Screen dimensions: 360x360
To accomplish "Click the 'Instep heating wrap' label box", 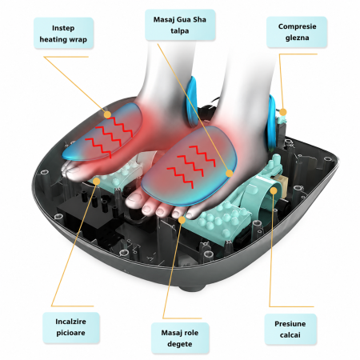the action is (64, 34).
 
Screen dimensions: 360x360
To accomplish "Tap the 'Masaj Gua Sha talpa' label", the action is (180, 25).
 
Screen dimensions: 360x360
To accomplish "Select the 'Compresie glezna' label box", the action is (297, 32).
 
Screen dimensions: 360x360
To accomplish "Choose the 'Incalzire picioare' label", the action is (71, 327).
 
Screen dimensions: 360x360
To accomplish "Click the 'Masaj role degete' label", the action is (180, 338).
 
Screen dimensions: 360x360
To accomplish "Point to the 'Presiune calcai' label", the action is (290, 329).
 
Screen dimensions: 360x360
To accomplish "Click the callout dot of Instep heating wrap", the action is (107, 114).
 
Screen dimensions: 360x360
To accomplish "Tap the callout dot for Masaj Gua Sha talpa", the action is (229, 174).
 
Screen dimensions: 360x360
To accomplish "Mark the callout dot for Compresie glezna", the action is (283, 112).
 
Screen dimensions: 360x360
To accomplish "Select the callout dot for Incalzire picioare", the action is (97, 182).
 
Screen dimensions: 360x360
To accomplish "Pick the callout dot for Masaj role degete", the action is (182, 220).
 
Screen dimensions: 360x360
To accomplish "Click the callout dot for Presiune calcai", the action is (274, 190).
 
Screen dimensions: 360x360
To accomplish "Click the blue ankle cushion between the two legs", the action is (192, 102).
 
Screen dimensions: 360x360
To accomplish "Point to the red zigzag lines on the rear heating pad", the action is (109, 136).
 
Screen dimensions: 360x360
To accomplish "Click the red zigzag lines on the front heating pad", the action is (191, 166).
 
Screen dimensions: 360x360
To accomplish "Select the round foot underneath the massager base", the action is (192, 287).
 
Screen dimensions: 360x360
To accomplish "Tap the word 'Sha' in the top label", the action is (199, 19).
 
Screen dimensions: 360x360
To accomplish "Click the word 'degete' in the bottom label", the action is (180, 344).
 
